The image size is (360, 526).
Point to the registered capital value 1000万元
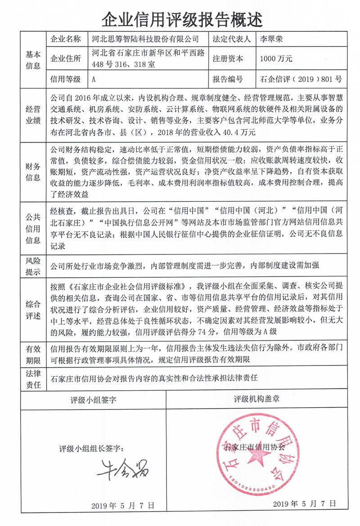pyautogui.click(x=276, y=59)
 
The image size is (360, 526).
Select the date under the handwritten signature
pyautogui.click(x=122, y=505)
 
